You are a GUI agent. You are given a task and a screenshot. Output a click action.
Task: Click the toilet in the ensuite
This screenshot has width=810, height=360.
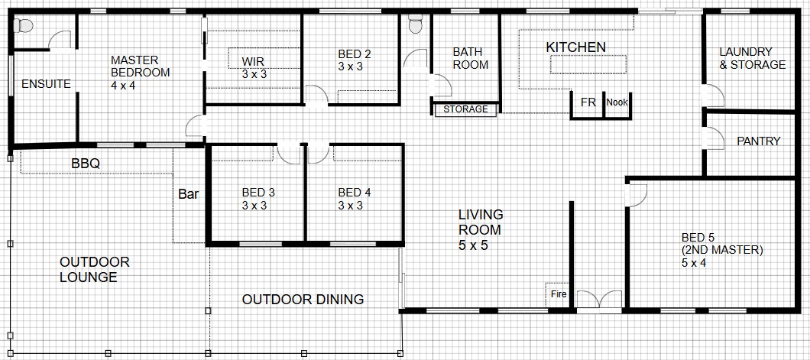(x=23, y=24)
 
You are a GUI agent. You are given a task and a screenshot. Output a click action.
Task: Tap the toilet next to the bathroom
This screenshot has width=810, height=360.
(x=416, y=24)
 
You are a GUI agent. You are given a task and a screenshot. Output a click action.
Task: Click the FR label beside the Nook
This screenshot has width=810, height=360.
(x=588, y=102)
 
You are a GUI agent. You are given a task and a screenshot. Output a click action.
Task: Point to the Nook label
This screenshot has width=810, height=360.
(x=617, y=102)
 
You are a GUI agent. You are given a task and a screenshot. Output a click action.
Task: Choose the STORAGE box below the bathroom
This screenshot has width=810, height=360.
(x=465, y=109)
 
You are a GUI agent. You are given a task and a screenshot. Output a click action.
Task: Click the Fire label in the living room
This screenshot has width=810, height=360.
(x=559, y=295)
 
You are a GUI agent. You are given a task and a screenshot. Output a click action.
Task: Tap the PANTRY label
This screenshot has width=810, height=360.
(x=758, y=141)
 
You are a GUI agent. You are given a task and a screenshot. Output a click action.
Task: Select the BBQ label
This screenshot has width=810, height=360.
(x=86, y=164)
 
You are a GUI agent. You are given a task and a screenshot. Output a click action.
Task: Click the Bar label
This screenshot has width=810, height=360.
(x=189, y=195)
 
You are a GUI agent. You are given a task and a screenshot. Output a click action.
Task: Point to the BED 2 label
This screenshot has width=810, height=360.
(x=355, y=60)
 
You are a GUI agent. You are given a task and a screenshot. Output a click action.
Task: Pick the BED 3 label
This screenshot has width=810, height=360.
(x=258, y=199)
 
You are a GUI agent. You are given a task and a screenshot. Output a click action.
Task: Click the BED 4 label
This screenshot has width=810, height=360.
(x=355, y=199)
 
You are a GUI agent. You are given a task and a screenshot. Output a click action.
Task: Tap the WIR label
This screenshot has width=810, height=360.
(x=254, y=68)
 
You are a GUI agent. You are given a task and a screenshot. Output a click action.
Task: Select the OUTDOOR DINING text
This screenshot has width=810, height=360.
(x=303, y=300)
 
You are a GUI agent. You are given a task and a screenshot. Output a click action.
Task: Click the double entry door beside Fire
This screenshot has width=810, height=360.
(x=599, y=302)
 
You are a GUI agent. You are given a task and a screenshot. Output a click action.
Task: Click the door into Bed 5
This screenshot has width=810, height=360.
(x=636, y=195)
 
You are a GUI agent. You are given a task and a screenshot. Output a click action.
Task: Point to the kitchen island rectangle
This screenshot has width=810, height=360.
(x=589, y=64)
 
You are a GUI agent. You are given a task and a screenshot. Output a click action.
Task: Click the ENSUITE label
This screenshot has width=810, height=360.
(x=46, y=84)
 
